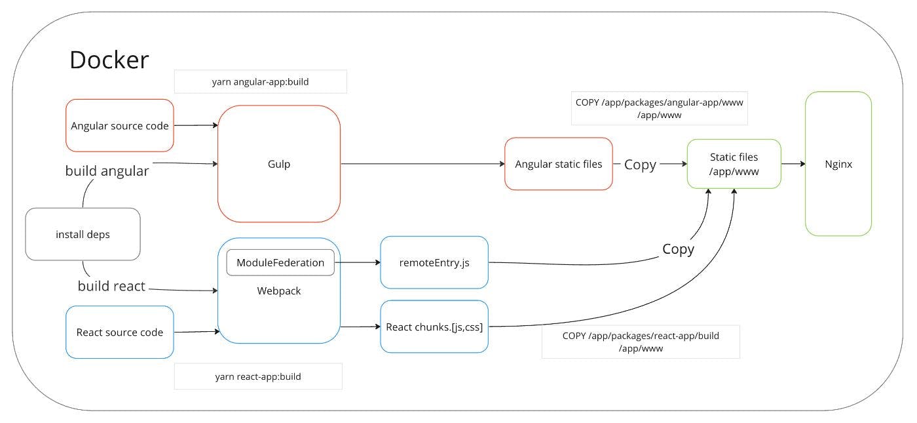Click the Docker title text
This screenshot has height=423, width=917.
(109, 60)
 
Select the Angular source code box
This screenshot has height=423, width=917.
(119, 125)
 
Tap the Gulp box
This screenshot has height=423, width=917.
(279, 163)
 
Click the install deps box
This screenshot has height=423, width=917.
(83, 234)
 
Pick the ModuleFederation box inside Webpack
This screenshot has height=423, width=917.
(280, 262)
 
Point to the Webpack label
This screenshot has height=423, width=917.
(279, 291)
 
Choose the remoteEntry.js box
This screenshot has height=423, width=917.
(434, 262)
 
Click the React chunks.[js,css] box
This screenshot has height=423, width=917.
(434, 327)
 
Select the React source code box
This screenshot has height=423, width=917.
(119, 332)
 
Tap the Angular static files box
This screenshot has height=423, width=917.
(558, 163)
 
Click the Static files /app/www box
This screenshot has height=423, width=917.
(734, 164)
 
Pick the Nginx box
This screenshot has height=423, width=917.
(838, 163)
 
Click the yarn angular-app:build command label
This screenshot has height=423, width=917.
(261, 81)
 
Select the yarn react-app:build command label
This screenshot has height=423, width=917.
(258, 376)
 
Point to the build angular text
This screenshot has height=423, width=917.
(107, 171)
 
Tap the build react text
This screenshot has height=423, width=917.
(111, 286)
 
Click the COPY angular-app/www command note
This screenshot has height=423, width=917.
(659, 108)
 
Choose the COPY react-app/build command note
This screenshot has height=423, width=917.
(641, 342)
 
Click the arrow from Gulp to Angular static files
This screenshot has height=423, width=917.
(423, 163)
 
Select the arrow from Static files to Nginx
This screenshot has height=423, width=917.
(793, 163)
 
